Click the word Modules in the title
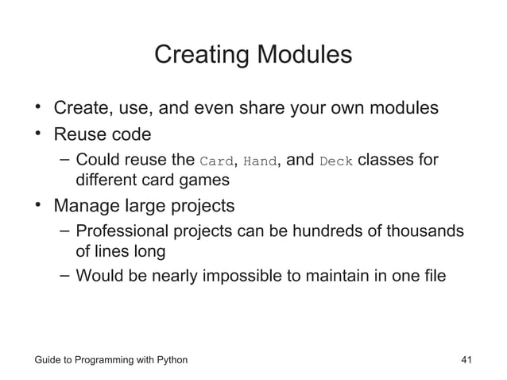pyautogui.click(x=302, y=56)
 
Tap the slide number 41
pyautogui.click(x=466, y=360)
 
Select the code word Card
pyautogui.click(x=216, y=162)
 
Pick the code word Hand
pyautogui.click(x=259, y=162)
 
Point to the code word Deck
pyautogui.click(x=335, y=162)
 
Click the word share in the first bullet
pyautogui.click(x=284, y=107)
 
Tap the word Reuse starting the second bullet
pyautogui.click(x=77, y=134)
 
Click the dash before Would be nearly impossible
pyautogui.click(x=64, y=277)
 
